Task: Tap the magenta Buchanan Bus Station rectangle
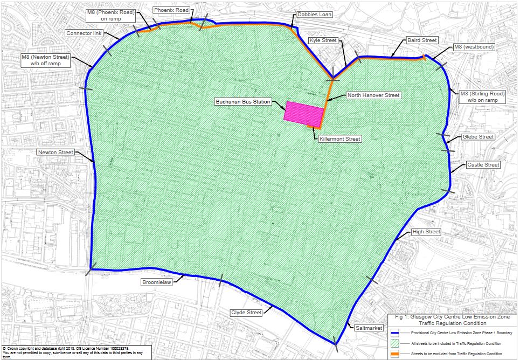pos(304,113)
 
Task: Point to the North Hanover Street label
pos(373,95)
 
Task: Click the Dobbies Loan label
pos(314,15)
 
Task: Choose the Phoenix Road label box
pos(171,10)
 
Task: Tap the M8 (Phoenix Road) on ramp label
pos(103,15)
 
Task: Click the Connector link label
pos(84,33)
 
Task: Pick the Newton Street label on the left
pos(56,153)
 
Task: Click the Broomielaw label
pos(156,282)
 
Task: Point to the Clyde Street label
pos(246,313)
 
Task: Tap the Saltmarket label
pos(368,328)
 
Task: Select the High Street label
pos(426,232)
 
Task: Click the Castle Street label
pos(483,165)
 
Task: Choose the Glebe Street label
pos(478,137)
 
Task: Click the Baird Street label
pos(422,40)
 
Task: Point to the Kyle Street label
pos(322,40)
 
